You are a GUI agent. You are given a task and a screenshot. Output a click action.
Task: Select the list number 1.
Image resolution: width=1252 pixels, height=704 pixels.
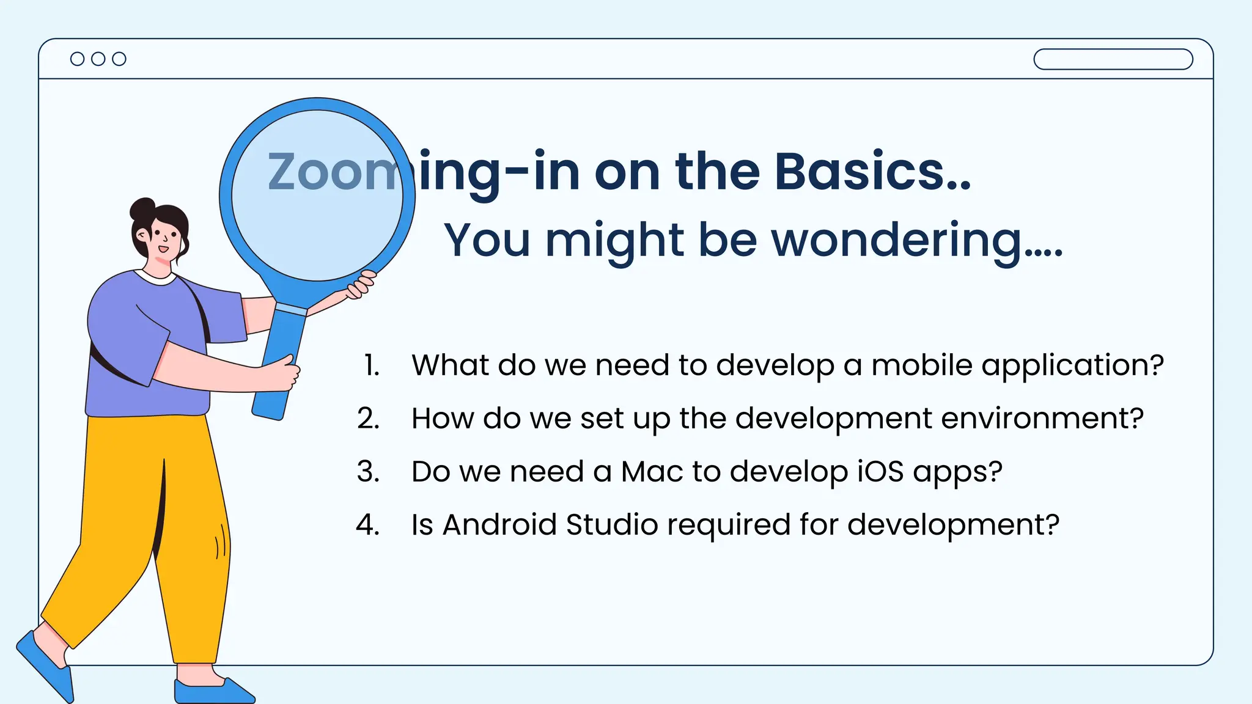click(x=372, y=365)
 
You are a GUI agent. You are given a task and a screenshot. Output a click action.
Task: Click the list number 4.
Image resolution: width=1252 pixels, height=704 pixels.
click(x=368, y=525)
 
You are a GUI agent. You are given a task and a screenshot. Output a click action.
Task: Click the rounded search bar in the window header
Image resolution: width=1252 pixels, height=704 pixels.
click(x=1113, y=59)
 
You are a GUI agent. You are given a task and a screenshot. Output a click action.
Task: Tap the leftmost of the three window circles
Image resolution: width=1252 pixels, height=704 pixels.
click(x=78, y=59)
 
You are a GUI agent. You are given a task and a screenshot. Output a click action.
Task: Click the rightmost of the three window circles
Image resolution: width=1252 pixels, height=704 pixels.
click(x=119, y=59)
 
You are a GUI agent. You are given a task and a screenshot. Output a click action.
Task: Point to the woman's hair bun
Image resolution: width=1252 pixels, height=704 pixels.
click(x=143, y=209)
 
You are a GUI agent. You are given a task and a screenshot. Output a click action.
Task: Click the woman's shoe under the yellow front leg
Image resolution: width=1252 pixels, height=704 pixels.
click(x=211, y=691)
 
